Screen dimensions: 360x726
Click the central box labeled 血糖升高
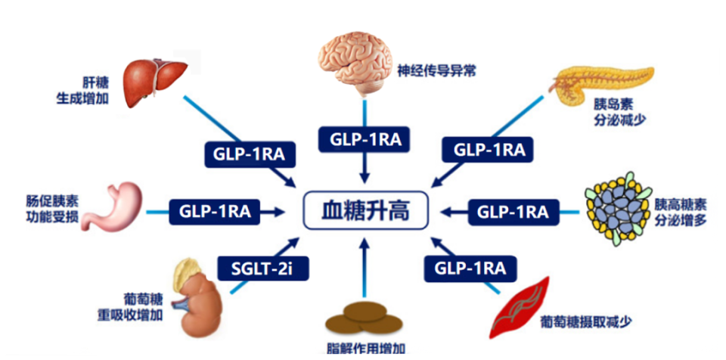tap(365, 210)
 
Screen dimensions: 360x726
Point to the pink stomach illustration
tap(113, 206)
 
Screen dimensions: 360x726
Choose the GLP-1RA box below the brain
tap(365, 139)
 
